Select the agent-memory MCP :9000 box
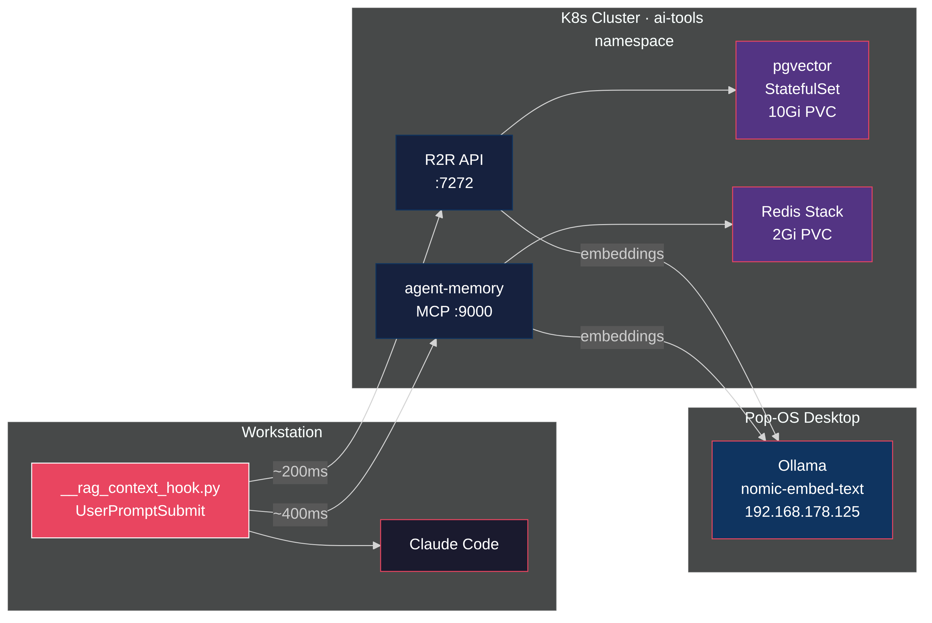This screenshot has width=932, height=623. tap(454, 301)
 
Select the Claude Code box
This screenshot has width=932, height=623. tap(454, 545)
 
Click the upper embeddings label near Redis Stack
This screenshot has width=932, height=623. tap(622, 254)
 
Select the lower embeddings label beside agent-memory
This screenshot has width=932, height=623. tap(622, 337)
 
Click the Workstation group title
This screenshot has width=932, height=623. tap(282, 432)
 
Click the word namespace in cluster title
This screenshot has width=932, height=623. tap(634, 41)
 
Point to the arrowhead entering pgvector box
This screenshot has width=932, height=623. tap(732, 90)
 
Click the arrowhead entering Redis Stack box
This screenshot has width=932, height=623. tap(728, 224)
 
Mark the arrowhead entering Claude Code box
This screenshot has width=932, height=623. tap(376, 545)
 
